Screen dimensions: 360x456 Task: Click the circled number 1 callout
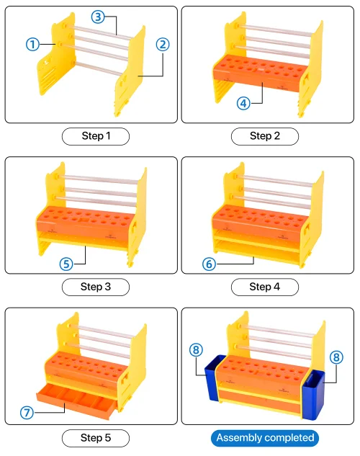pos(32,45)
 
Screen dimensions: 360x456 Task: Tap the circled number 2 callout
pos(163,45)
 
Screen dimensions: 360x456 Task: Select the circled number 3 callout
pos(98,17)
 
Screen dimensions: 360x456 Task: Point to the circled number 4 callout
pos(243,103)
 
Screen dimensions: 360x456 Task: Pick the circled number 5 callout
pos(66,264)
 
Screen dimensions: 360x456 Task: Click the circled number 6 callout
pos(209,264)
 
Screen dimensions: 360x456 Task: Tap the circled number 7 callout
pos(27,413)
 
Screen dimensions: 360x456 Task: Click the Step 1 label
pos(96,136)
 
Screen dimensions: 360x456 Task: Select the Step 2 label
pos(265,136)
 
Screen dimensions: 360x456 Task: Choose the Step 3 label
pos(96,287)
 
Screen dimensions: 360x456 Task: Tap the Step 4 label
pos(265,287)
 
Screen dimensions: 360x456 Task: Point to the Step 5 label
pos(96,438)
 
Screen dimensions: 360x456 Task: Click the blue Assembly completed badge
pos(265,438)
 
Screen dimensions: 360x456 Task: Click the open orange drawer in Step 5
pos(76,401)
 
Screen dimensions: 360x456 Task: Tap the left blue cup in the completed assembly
pos(214,377)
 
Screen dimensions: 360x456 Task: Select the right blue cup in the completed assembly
pos(314,395)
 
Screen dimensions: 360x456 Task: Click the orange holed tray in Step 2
pos(261,73)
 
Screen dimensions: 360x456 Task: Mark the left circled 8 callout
pos(196,349)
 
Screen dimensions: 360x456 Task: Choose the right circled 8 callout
pos(336,357)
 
